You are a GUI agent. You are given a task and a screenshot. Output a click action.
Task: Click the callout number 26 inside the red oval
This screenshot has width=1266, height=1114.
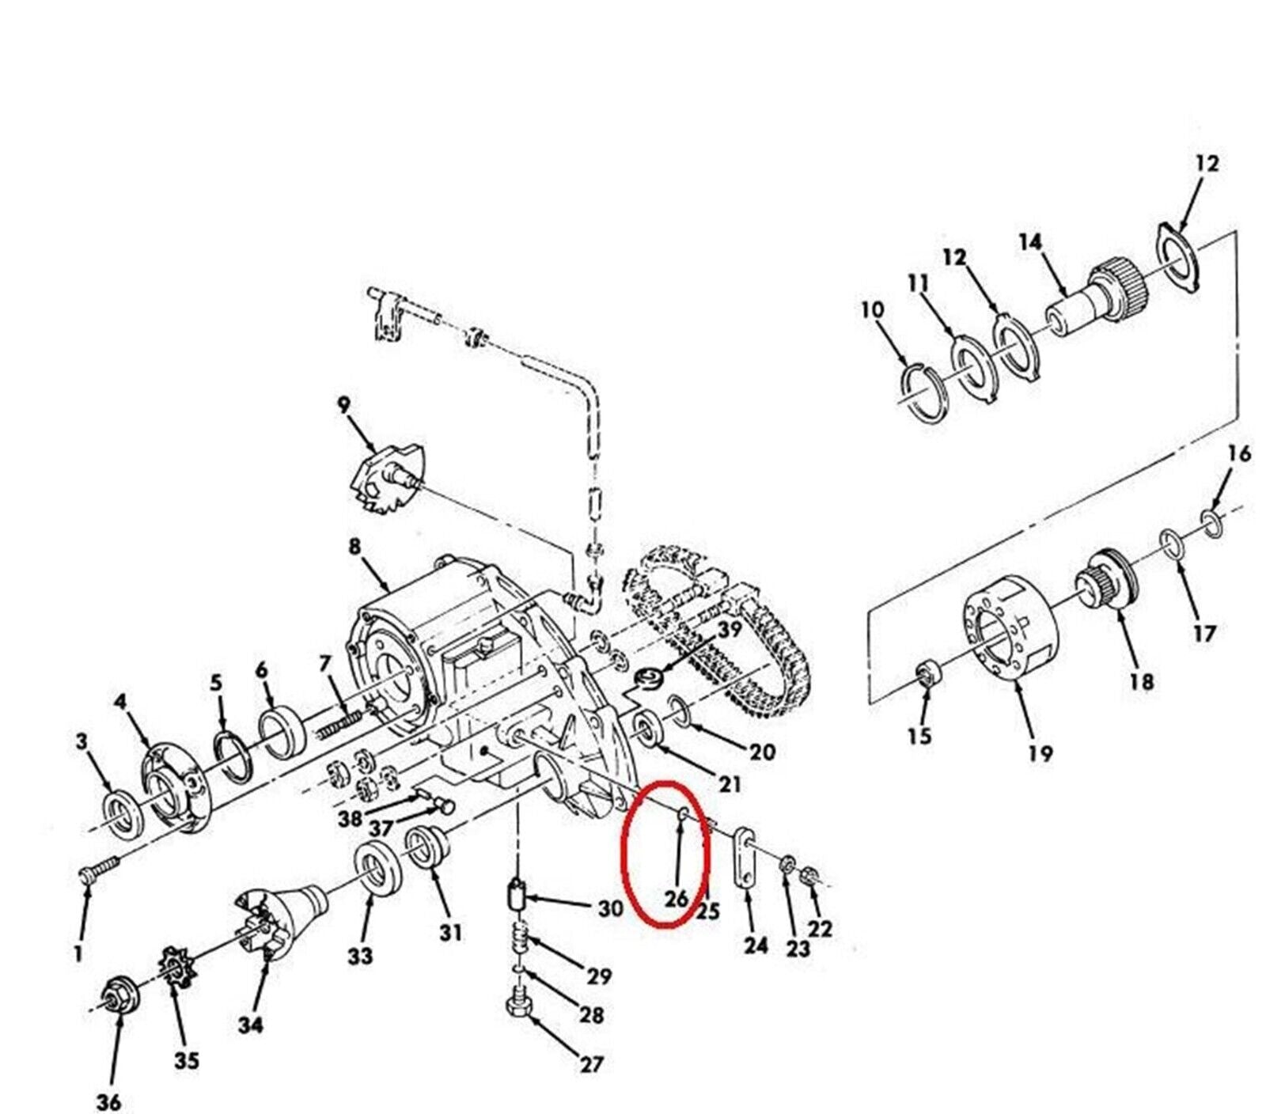pos(676,900)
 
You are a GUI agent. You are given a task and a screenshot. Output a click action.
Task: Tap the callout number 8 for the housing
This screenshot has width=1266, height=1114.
pos(354,547)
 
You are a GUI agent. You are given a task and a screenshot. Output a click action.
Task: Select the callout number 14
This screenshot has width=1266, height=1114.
pos(1030,242)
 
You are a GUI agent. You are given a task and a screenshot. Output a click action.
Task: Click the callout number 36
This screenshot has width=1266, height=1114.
pos(108,1101)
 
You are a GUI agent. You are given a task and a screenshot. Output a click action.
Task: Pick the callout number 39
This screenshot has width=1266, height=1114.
pos(729,629)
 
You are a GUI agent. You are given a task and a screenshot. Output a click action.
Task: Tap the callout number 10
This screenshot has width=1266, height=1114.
pos(873,309)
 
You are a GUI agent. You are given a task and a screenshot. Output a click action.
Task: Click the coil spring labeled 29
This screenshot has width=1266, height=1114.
pos(520,940)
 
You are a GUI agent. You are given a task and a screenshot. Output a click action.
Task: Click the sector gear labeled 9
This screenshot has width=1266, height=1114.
pos(388,476)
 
